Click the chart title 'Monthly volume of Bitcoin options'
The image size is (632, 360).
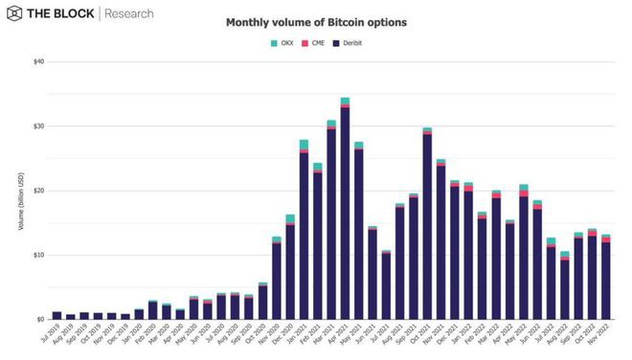[315, 21]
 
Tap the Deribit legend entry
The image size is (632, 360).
[351, 43]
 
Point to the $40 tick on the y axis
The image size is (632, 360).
[38, 62]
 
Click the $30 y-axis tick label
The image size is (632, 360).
[38, 126]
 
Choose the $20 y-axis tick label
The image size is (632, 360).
[38, 191]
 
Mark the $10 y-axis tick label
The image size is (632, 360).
[38, 255]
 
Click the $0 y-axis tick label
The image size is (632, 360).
[40, 319]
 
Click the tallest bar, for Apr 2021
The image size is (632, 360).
[345, 211]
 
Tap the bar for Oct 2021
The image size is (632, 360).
[427, 225]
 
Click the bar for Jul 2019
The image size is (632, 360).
[57, 315]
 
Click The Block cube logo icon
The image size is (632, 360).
[15, 14]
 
